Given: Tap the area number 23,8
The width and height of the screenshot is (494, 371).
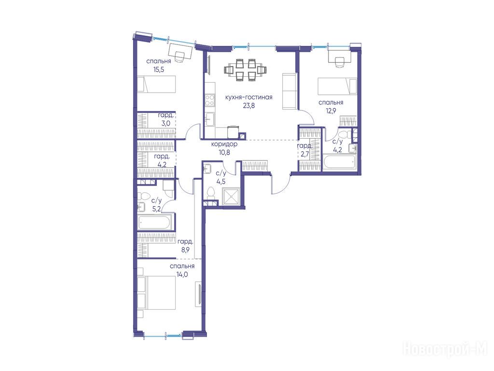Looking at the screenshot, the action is (x=248, y=105).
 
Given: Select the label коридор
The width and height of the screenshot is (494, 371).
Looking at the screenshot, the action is (x=224, y=144).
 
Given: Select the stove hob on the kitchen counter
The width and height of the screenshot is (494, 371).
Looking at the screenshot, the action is (x=210, y=100).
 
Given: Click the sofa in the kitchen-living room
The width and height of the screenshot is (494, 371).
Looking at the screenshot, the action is (x=289, y=91).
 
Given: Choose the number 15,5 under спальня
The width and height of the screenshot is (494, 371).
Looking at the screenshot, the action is (x=159, y=70).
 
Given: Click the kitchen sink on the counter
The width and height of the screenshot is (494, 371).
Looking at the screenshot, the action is (x=209, y=120).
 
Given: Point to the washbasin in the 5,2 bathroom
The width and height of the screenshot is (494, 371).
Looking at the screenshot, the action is (x=141, y=207).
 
